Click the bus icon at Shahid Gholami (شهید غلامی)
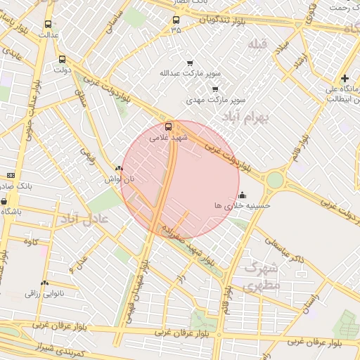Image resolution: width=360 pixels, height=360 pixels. (x=168, y=127)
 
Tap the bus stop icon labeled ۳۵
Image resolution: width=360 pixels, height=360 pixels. (x=176, y=20)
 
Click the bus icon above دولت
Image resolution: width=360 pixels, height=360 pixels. (x=63, y=60)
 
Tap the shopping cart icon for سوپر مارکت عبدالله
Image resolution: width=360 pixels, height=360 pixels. (x=188, y=62)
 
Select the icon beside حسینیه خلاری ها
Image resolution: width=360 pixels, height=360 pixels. (x=243, y=195)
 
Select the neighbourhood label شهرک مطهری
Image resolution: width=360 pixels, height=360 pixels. (x=259, y=277)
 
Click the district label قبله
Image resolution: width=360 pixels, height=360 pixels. (x=257, y=44)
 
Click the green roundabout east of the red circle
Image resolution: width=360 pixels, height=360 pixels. (x=274, y=180)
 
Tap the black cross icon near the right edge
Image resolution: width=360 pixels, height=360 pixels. (x=344, y=78)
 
